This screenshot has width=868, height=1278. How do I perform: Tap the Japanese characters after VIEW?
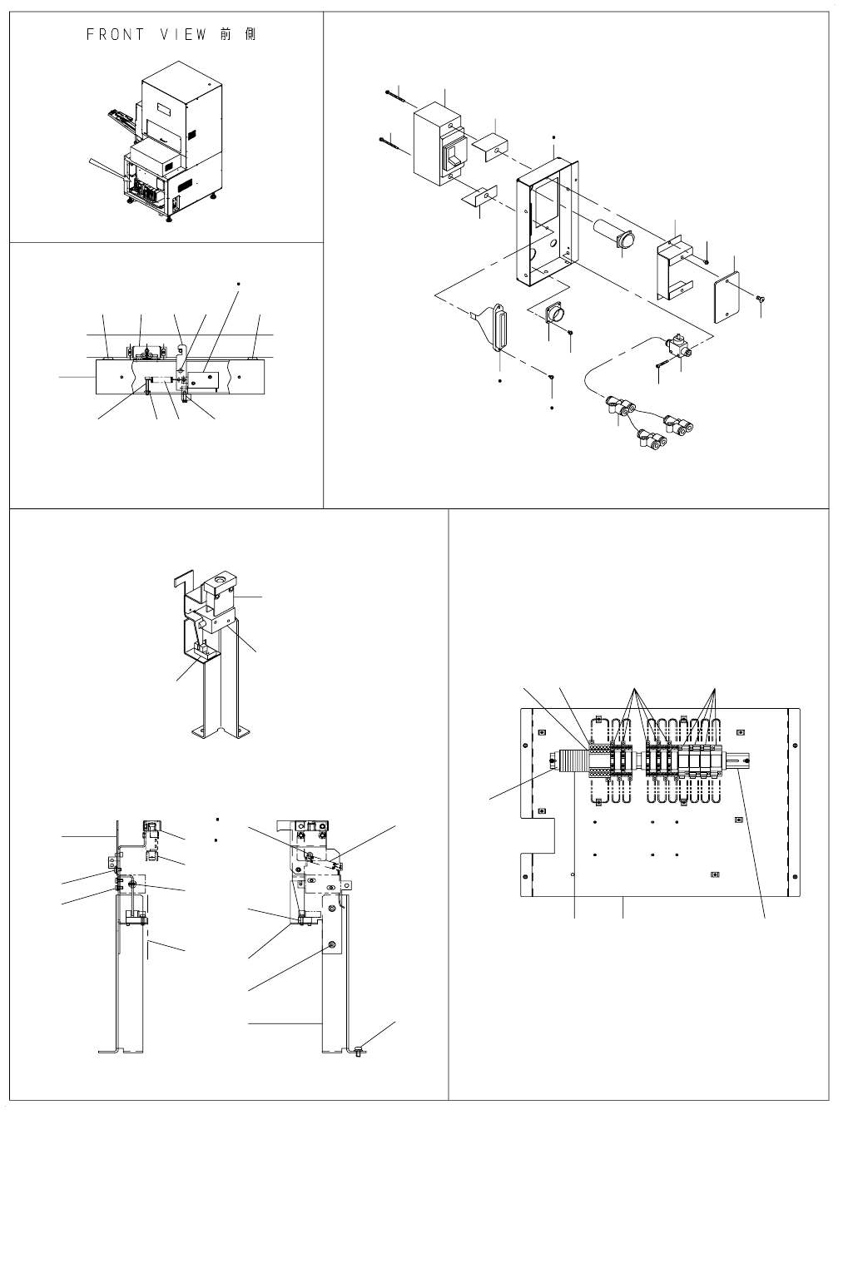241,35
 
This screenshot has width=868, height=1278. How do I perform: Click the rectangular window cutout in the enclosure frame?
544,206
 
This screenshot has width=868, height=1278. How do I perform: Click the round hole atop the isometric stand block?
220,580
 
